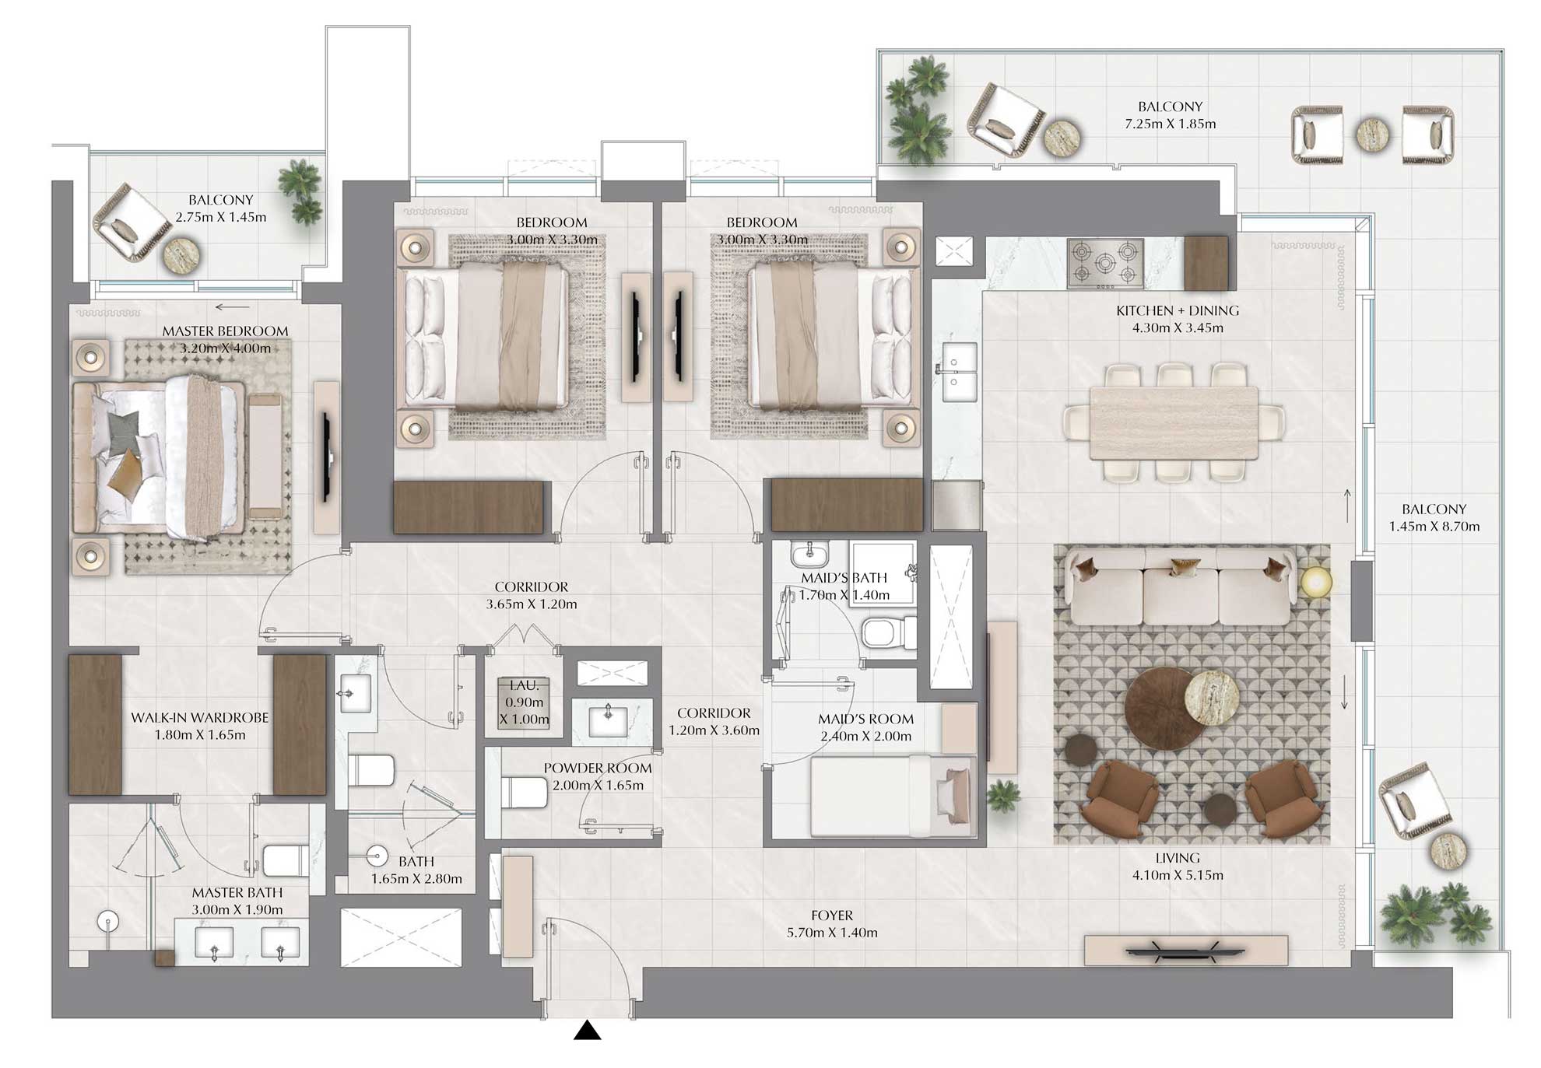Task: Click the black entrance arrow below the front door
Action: [x=588, y=1031]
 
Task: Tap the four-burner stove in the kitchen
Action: [x=1105, y=263]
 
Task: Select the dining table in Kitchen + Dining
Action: [x=1174, y=422]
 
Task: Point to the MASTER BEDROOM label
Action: [x=225, y=331]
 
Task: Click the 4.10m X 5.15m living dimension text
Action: [x=1178, y=875]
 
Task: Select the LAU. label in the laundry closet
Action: [x=524, y=685]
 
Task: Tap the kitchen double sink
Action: [x=959, y=372]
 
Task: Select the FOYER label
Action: [x=831, y=916]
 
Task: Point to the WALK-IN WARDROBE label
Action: [x=199, y=718]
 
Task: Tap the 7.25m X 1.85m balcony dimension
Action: [x=1170, y=124]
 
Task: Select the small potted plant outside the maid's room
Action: [x=1002, y=797]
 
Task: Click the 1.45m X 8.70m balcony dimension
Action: [x=1434, y=527]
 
